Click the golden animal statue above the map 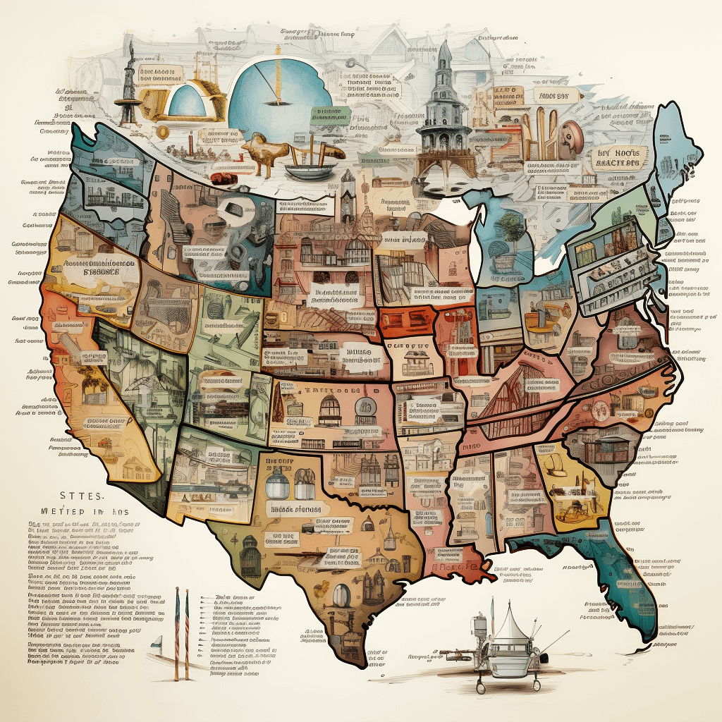[x=264, y=152]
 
